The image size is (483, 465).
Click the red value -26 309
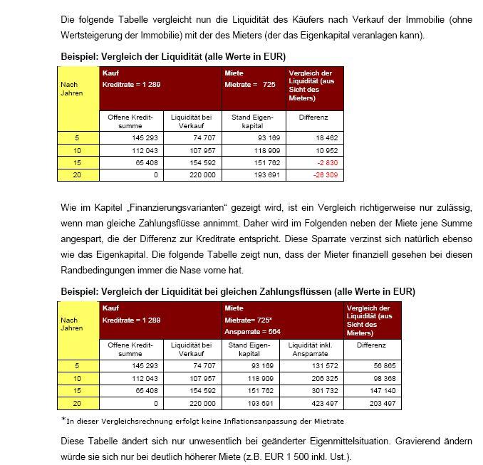click(x=328, y=174)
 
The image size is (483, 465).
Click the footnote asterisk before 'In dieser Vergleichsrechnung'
click(x=63, y=419)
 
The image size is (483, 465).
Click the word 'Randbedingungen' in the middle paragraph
click(x=94, y=269)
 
